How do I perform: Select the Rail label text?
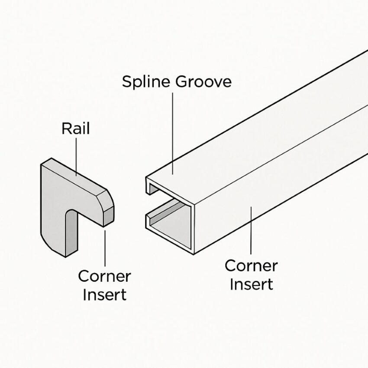coord(76,129)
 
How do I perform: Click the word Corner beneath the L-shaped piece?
coord(104,276)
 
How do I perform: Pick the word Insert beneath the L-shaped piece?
coord(104,295)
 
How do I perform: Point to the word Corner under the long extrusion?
coord(251,265)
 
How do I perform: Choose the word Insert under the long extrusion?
coord(251,284)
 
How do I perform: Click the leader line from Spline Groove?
coord(172,130)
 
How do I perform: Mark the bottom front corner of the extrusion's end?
coord(192,252)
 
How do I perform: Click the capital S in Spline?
coord(127,82)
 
